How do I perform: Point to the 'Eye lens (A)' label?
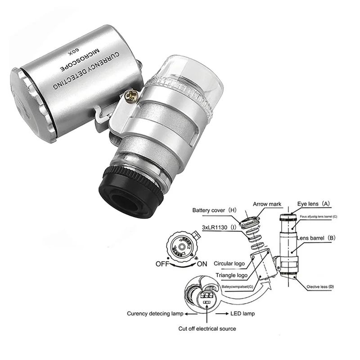pos(314,203)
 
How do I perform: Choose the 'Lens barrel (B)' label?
pos(315,237)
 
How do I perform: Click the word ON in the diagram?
pos(202,264)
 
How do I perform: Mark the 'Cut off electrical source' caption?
pos(207,328)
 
